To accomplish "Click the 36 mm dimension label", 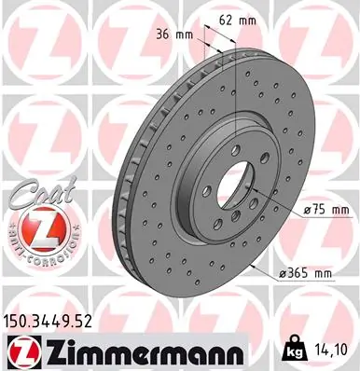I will tap(174, 34).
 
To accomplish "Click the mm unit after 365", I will tap(323, 273).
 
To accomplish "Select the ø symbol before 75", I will tap(283, 212).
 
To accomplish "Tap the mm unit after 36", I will tap(186, 34).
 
